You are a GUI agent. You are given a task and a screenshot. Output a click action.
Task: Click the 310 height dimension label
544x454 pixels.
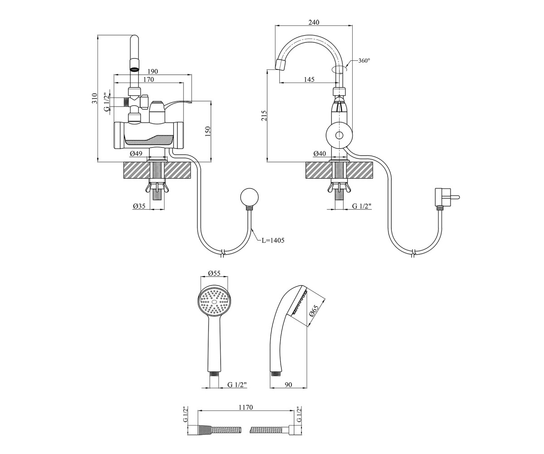[x=95, y=99]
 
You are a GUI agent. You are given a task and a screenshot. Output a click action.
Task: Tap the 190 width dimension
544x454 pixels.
[x=153, y=71]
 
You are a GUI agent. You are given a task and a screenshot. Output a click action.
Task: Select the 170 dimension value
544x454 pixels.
[x=149, y=79]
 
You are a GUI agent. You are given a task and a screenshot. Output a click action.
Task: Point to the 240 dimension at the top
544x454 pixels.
[x=314, y=22]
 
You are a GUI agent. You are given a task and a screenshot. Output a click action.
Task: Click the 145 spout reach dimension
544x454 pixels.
[x=309, y=79]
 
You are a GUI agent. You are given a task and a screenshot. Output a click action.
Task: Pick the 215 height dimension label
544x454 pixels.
[x=264, y=115]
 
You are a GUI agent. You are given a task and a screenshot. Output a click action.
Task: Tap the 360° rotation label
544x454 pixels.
[x=364, y=61]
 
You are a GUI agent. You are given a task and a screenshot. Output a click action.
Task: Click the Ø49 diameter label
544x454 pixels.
[x=136, y=154]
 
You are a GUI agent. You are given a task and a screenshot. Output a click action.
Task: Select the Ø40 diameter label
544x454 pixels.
[x=320, y=154]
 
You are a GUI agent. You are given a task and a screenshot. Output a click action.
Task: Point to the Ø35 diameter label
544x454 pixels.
[x=139, y=206]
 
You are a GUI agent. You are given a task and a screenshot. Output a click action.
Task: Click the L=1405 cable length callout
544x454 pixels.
[x=273, y=240]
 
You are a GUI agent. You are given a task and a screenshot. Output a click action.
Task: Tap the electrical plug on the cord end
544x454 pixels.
[x=445, y=197]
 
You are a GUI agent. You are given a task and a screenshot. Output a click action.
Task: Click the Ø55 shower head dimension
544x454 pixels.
[x=214, y=273]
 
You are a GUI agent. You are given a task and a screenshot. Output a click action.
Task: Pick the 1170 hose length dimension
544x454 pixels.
[x=246, y=407]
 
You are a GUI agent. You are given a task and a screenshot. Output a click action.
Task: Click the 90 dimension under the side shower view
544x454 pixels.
[x=288, y=385]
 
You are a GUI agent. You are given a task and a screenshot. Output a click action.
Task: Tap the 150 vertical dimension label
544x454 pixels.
[x=208, y=132]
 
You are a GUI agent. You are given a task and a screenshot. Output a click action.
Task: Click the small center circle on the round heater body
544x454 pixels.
[x=339, y=135]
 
